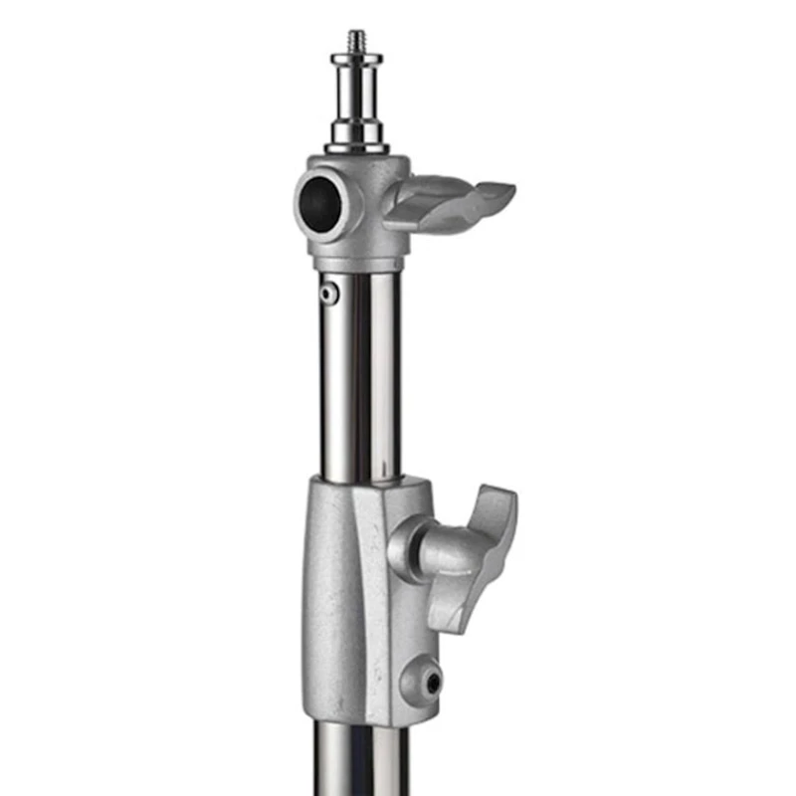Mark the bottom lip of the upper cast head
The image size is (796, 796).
(x=358, y=264)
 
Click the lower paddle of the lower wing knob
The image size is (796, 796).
(x=453, y=607)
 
